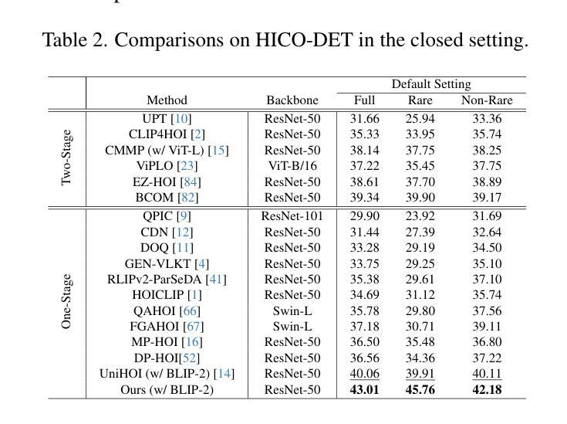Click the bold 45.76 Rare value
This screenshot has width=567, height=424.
420,389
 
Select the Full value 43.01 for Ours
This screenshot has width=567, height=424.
364,389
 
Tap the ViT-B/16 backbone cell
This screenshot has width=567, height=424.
292,166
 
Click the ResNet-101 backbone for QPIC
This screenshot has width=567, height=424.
292,216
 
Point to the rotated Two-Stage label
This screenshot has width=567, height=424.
66,158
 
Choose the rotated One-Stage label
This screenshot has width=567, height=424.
66,301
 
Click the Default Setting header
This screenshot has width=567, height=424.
431,84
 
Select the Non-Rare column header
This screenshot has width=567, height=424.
487,100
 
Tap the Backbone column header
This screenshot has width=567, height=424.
292,100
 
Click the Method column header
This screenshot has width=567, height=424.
167,100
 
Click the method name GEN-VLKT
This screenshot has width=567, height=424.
157,264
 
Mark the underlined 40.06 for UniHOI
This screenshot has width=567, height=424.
364,374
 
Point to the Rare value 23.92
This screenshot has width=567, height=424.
420,216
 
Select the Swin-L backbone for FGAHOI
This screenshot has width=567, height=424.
292,327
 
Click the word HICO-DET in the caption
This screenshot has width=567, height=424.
304,40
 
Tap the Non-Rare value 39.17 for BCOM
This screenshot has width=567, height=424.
487,198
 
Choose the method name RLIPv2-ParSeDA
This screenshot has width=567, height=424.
154,280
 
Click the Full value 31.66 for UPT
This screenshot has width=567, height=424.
364,119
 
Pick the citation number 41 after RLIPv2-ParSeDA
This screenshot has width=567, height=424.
216,280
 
